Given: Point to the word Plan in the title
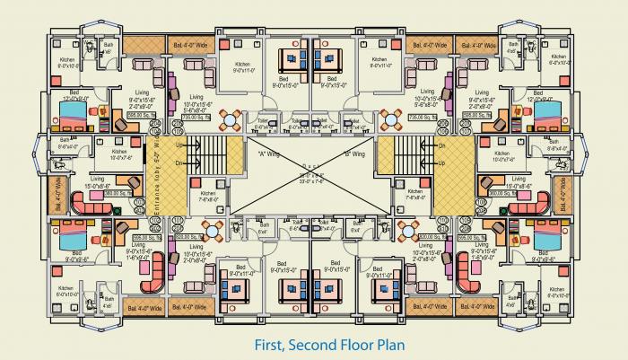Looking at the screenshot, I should (x=383, y=344).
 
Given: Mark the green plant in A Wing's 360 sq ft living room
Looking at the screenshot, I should (x=115, y=211).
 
